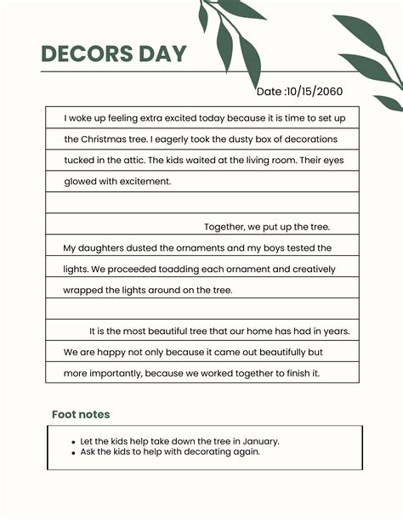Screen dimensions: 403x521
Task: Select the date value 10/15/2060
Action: [x=315, y=92]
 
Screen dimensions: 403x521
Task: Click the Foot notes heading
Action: [x=81, y=415]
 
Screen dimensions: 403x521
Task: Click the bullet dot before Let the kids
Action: [x=74, y=442]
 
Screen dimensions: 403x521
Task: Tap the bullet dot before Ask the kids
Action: [x=74, y=453]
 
